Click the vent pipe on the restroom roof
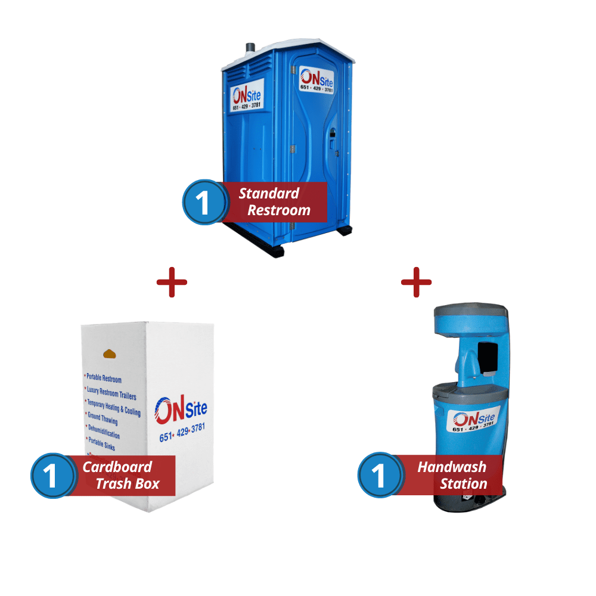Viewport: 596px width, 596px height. pyautogui.click(x=249, y=47)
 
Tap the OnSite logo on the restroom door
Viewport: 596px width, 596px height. pyautogui.click(x=316, y=80)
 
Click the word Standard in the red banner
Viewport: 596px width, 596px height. pyautogui.click(x=269, y=193)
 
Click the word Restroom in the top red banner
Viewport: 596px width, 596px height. pyautogui.click(x=279, y=210)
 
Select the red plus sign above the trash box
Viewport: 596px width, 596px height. pyautogui.click(x=172, y=282)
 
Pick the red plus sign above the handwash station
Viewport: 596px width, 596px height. pyautogui.click(x=416, y=282)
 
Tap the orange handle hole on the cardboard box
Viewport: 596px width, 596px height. pyautogui.click(x=111, y=353)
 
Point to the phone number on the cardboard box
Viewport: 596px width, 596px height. pyautogui.click(x=182, y=433)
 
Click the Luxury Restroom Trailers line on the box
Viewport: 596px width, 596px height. pyautogui.click(x=111, y=393)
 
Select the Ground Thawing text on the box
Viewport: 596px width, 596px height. pyautogui.click(x=103, y=418)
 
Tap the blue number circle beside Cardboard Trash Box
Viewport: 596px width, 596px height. pyautogui.click(x=52, y=476)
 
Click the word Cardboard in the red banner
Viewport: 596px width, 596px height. pyautogui.click(x=117, y=467)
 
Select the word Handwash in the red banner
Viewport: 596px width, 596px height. pyautogui.click(x=452, y=467)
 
